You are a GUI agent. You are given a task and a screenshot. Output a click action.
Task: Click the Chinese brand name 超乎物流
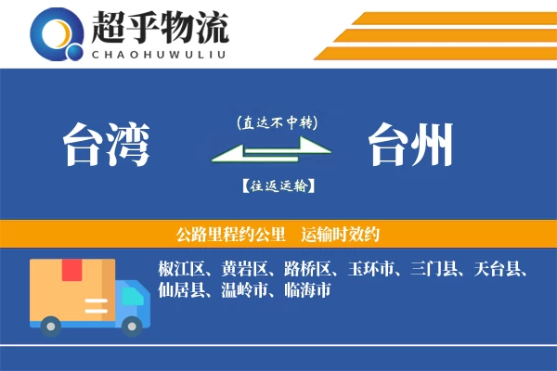[x=160, y=27]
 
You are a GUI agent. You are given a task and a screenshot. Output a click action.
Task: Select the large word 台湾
[x=106, y=147]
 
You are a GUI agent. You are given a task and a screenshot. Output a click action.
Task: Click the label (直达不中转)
[x=277, y=122]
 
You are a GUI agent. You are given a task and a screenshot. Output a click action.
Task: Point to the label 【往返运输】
[x=277, y=186]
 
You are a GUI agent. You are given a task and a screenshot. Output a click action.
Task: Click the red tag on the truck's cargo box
[x=71, y=271]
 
